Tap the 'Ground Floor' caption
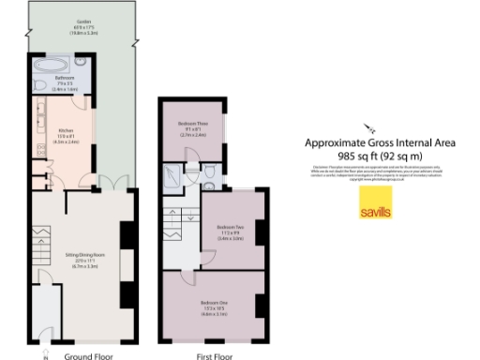(90, 356)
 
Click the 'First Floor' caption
(215, 356)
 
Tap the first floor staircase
(176, 225)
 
